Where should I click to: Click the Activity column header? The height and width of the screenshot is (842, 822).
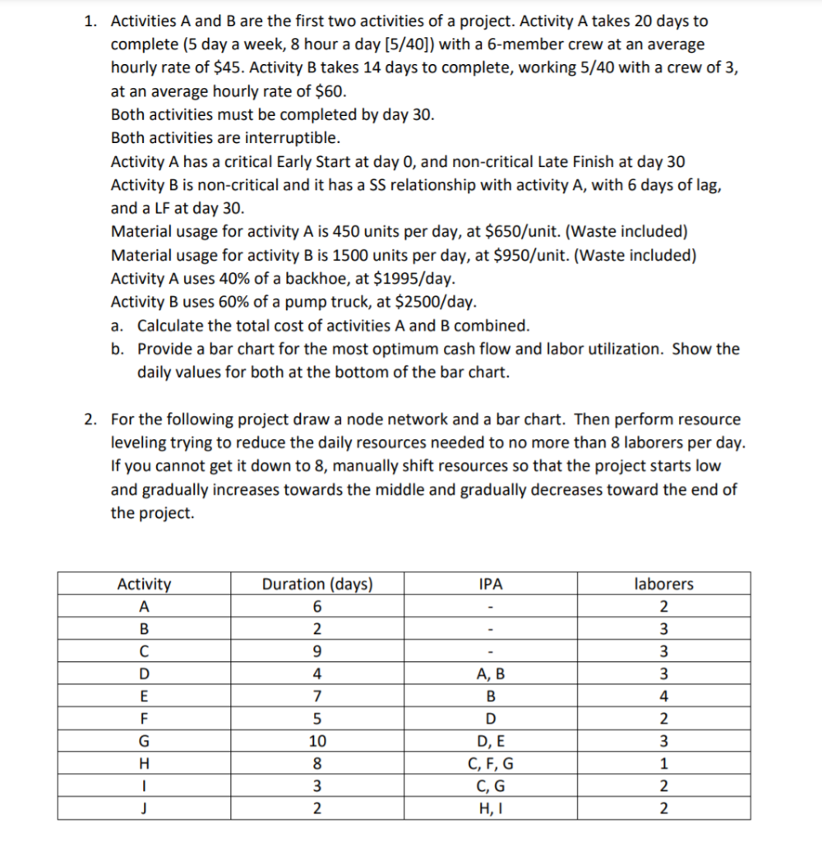click(x=144, y=584)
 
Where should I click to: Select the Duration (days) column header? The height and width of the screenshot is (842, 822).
click(x=316, y=584)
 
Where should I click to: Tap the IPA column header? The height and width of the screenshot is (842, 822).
click(x=490, y=584)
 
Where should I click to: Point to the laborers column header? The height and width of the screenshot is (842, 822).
click(x=663, y=584)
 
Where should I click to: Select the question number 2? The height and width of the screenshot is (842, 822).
click(x=91, y=419)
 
